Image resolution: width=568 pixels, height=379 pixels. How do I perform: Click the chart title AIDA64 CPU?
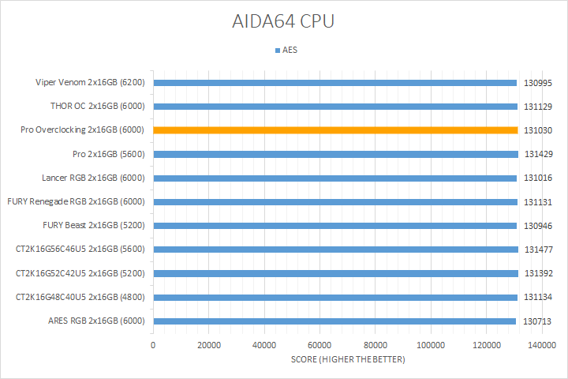[x=284, y=21]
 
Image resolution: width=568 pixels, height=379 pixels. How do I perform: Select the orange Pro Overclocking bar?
[x=335, y=130]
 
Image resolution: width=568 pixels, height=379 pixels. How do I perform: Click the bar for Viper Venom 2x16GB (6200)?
[x=335, y=82]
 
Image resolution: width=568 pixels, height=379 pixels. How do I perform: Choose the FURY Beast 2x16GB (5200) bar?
[x=335, y=226]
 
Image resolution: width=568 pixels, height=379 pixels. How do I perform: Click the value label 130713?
[x=539, y=321]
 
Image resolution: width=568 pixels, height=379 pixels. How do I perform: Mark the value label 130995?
[x=539, y=82]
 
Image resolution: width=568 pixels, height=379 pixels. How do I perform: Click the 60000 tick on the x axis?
[x=319, y=346]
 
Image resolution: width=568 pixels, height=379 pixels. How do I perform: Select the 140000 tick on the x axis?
[x=542, y=346]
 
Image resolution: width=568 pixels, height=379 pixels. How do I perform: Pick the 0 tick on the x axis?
[x=153, y=346]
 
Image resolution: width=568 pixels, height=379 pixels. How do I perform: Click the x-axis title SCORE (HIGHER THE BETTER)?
[x=347, y=360]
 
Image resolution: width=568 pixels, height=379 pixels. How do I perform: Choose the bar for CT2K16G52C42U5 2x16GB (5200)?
[x=335, y=273]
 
